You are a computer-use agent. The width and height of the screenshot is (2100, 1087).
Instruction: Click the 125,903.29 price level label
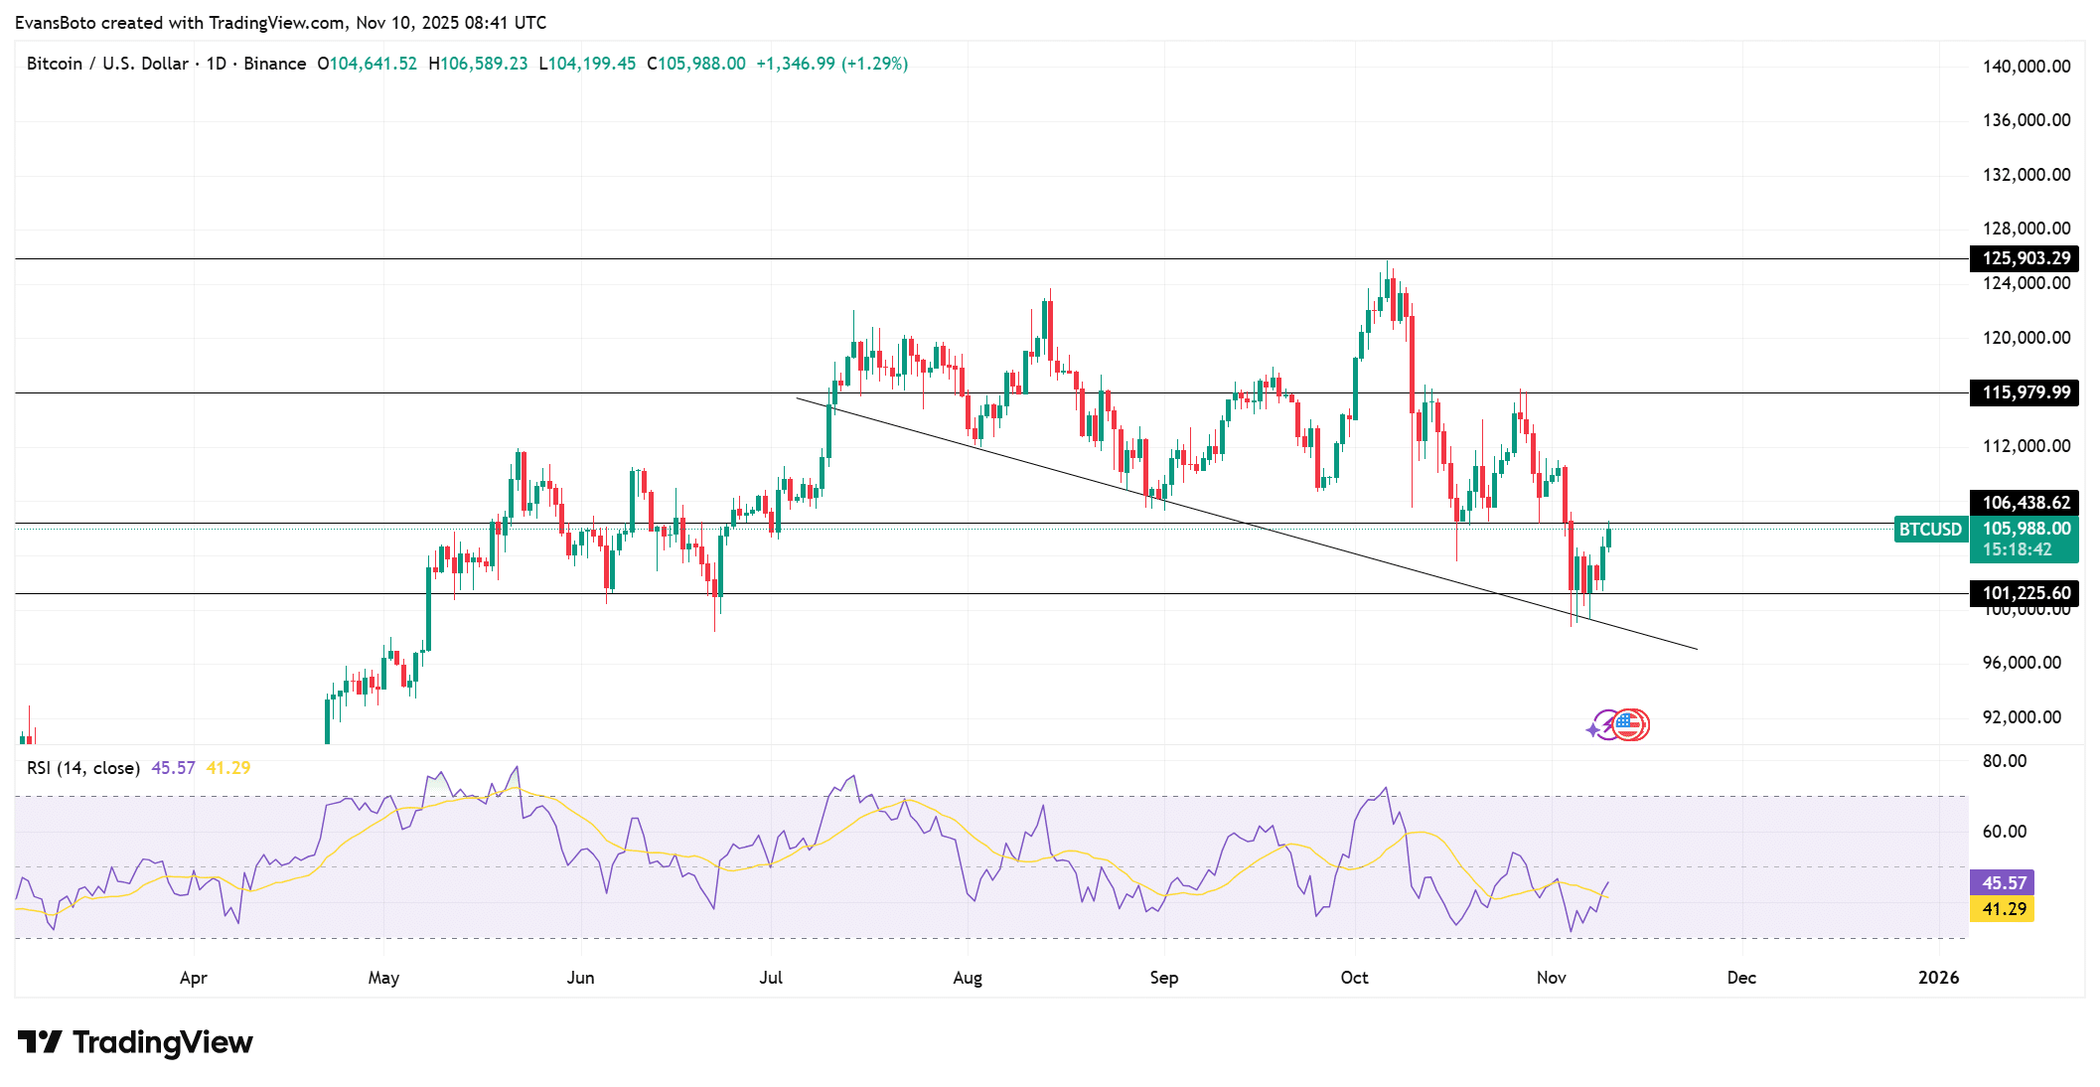[x=2025, y=258]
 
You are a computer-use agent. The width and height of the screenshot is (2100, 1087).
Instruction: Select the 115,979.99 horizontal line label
[x=2025, y=392]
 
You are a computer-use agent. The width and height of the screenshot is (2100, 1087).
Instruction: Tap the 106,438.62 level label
[x=2025, y=503]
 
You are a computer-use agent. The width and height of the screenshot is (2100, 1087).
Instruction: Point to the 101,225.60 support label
[x=2025, y=593]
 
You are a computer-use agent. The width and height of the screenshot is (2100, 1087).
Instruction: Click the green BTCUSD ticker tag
[x=1930, y=530]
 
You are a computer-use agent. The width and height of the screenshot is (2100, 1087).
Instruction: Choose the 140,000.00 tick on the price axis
[x=2025, y=67]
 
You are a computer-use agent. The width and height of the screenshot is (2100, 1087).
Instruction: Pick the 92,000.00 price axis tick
[x=2022, y=717]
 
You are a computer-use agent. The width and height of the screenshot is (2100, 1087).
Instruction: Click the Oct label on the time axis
[x=1354, y=978]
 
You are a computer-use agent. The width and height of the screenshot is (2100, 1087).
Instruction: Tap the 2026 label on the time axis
[x=1938, y=978]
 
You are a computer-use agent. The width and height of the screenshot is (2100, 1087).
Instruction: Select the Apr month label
[x=194, y=978]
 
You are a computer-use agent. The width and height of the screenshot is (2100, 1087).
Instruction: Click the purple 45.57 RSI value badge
[x=2003, y=883]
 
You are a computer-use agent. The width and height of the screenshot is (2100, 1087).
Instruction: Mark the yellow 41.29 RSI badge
[x=2003, y=909]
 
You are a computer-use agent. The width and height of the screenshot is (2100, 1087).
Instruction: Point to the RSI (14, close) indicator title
[x=83, y=768]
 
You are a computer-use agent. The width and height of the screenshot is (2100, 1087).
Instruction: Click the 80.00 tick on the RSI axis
[x=2005, y=761]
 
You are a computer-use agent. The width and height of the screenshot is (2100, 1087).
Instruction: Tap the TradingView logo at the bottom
[x=135, y=1042]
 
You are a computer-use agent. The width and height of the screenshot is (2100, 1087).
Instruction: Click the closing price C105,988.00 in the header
[x=696, y=64]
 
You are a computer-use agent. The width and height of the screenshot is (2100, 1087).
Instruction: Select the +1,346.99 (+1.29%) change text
[x=832, y=64]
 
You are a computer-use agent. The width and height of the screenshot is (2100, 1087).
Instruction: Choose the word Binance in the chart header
[x=275, y=64]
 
